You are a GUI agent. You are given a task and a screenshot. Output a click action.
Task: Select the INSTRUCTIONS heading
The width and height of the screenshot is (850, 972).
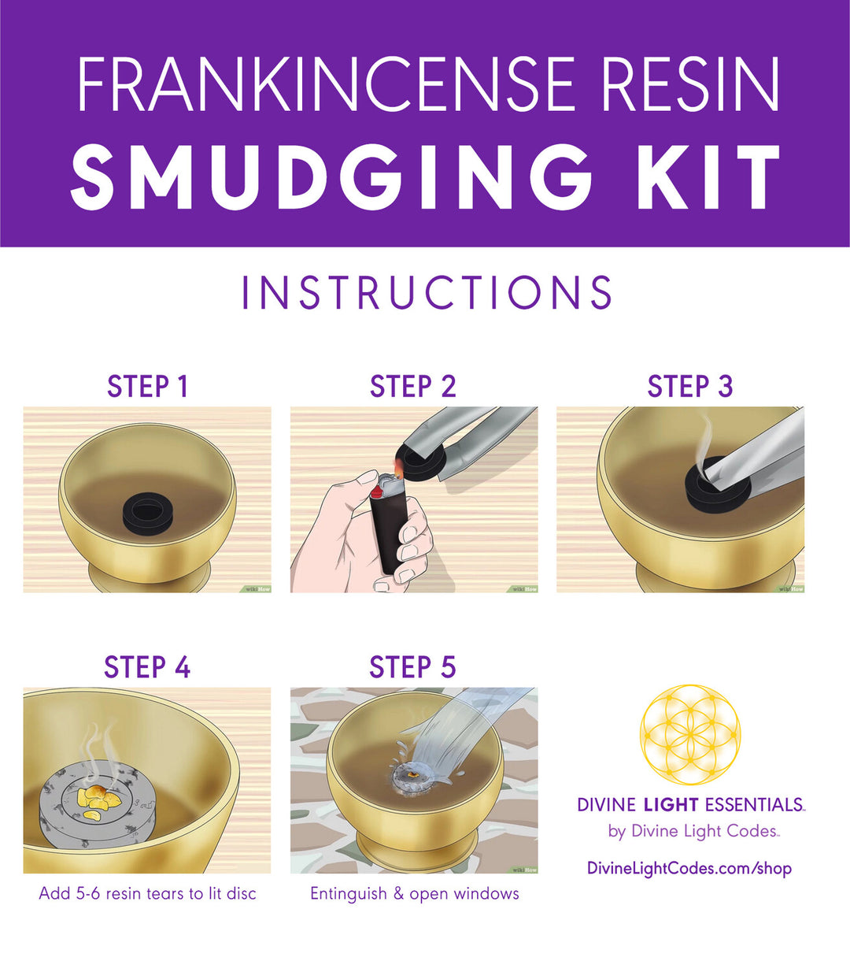pos(427,292)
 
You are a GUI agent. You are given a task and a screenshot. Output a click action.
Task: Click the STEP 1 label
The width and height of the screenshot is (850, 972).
pos(148,386)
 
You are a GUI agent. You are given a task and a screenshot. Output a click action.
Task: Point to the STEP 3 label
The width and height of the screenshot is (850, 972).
pos(690,386)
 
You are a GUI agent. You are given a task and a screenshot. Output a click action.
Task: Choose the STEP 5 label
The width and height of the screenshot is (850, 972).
pos(412,667)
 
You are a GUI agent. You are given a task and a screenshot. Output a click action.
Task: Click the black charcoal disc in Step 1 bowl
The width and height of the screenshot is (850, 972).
pos(147,512)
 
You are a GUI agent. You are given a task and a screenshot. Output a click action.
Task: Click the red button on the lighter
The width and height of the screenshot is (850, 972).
pos(376,492)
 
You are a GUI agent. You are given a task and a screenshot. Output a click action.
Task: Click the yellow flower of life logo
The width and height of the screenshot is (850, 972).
pos(690,734)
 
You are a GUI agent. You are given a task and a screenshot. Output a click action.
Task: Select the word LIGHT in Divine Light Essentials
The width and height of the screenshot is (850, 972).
pos(671,805)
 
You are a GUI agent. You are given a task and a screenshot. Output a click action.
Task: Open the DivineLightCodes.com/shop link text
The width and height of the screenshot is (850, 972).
pos(689,869)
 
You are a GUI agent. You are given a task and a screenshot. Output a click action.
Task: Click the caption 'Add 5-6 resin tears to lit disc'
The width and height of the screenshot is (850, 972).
pos(148,893)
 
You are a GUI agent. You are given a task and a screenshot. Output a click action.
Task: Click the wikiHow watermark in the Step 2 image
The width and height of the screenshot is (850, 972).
pos(524,589)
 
